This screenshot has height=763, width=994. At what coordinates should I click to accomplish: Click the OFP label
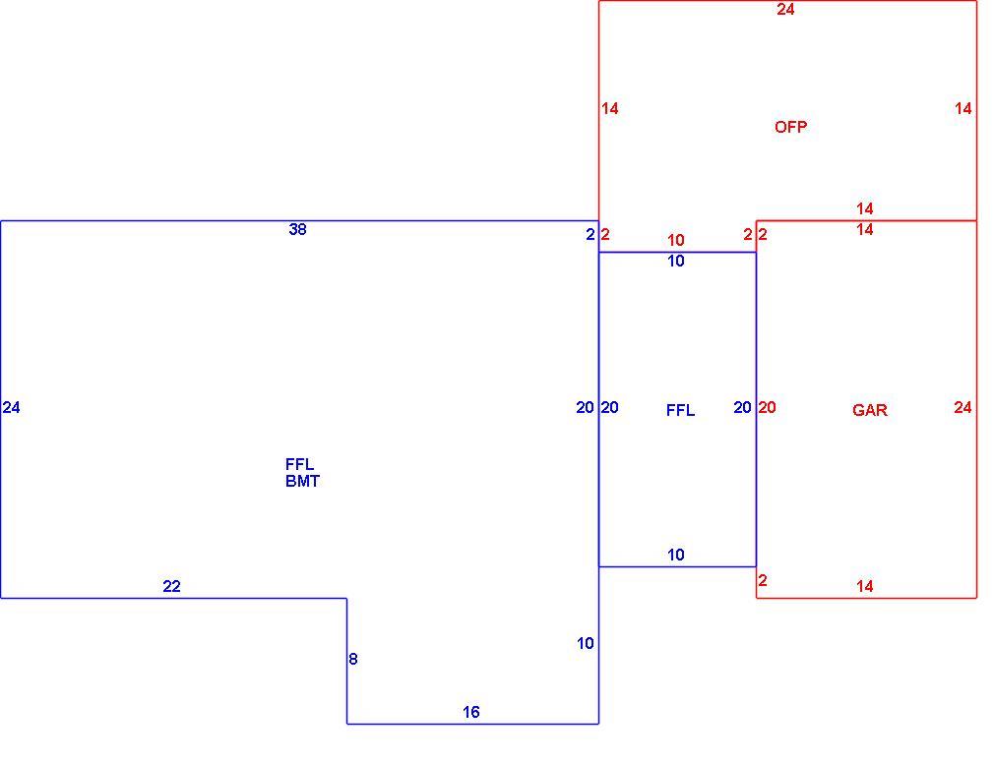pos(790,127)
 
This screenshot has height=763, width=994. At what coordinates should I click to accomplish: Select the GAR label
pos(870,410)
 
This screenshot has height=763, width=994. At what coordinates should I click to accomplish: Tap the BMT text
pos(302,481)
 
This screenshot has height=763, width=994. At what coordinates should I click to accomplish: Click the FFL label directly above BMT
pos(299,464)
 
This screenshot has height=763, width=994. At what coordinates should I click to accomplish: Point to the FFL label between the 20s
pos(680,410)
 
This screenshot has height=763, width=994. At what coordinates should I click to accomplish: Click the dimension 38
pos(297,229)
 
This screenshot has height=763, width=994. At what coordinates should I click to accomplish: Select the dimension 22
pos(171,586)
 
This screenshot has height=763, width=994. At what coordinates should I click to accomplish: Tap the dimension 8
pos(353,659)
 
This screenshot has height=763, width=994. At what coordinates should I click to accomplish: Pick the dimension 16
pos(470,712)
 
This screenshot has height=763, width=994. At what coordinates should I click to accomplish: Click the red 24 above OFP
pos(785,10)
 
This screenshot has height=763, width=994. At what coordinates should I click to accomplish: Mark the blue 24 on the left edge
pos(12,408)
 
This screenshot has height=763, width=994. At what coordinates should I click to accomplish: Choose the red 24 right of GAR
pos(963,408)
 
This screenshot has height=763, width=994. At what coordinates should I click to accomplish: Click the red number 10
pos(676,241)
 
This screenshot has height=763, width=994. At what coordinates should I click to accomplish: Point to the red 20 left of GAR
pos(767,408)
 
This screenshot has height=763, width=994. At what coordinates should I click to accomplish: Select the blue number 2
pos(590,235)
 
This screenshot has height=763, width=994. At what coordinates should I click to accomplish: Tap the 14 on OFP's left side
pos(610,109)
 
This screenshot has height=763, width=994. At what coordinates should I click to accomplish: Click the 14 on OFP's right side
pos(963,109)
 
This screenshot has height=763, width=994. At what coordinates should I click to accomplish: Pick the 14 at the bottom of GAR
pos(865,586)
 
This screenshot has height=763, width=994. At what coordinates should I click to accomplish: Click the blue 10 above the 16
pos(586,643)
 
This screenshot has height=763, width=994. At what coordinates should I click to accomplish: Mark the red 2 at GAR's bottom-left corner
pos(763,581)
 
